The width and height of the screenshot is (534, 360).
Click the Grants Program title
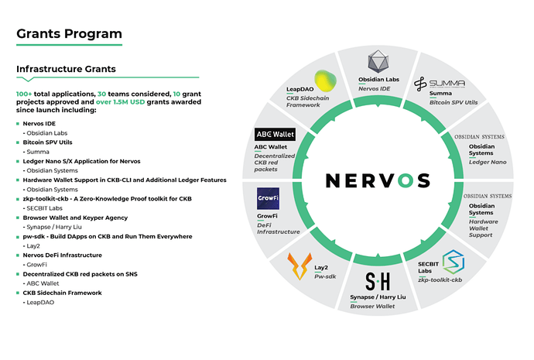(69, 33)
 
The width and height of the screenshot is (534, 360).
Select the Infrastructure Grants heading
(66, 69)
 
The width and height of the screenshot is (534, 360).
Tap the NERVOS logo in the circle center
(377, 180)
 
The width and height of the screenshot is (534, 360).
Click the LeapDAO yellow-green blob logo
(324, 81)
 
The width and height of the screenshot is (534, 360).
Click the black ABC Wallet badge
(274, 134)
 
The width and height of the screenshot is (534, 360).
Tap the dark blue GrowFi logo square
(268, 198)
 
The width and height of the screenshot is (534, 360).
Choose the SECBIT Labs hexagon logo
(452, 262)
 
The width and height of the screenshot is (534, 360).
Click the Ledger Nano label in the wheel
(488, 162)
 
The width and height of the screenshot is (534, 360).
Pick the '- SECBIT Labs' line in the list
(43, 208)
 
